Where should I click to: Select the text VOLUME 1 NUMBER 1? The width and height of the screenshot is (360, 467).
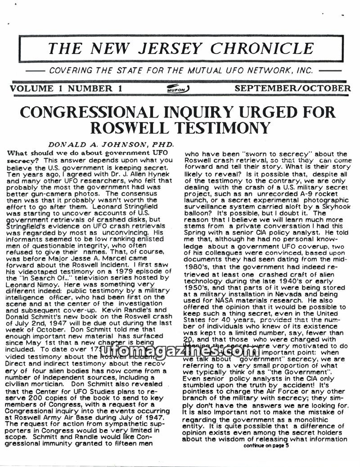click(66, 88)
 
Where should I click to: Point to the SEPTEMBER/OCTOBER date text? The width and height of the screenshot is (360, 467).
click(292, 88)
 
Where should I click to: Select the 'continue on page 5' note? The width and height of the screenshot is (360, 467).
click(267, 445)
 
